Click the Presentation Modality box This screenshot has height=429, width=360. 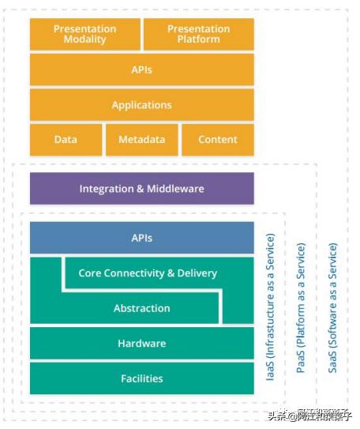(84, 34)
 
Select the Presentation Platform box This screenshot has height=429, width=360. (199, 34)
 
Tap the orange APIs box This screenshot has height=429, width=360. (142, 70)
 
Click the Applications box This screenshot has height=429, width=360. (142, 104)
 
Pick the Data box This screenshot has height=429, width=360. (66, 140)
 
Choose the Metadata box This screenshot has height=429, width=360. (142, 140)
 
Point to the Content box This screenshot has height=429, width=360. (218, 140)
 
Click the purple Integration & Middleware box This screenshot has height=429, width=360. (142, 189)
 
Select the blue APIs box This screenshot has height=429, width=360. (142, 238)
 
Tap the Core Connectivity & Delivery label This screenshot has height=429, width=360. (148, 273)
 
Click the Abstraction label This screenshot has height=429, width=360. (142, 308)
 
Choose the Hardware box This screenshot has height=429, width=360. (142, 344)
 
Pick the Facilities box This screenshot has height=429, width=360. (142, 378)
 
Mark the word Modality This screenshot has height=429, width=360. (84, 40)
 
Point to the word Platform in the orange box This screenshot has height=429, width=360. (199, 40)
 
